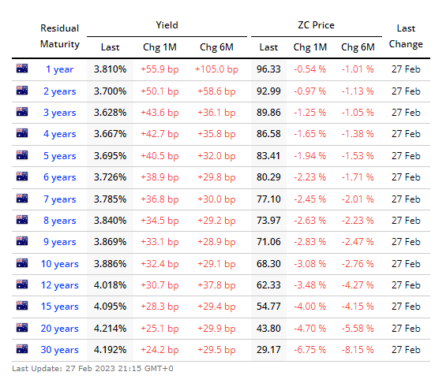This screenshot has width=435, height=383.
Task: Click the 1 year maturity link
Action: tap(59, 69)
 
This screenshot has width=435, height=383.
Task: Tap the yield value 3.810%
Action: tap(110, 69)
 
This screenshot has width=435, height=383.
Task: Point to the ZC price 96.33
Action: tap(268, 69)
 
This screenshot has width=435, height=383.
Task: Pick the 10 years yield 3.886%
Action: tap(110, 263)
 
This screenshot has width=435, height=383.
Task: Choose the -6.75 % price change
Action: tap(309, 350)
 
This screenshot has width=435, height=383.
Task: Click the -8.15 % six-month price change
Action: tap(358, 350)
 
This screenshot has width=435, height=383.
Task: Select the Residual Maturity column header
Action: tap(59, 36)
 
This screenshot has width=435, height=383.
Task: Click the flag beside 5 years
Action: tap(22, 155)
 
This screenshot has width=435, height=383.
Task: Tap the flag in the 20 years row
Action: tap(22, 328)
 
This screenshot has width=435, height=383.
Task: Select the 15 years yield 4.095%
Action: tap(110, 307)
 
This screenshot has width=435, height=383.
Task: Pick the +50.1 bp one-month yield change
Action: tap(159, 91)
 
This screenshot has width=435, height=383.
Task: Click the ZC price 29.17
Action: tap(268, 350)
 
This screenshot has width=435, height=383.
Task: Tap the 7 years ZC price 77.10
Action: tap(268, 199)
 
